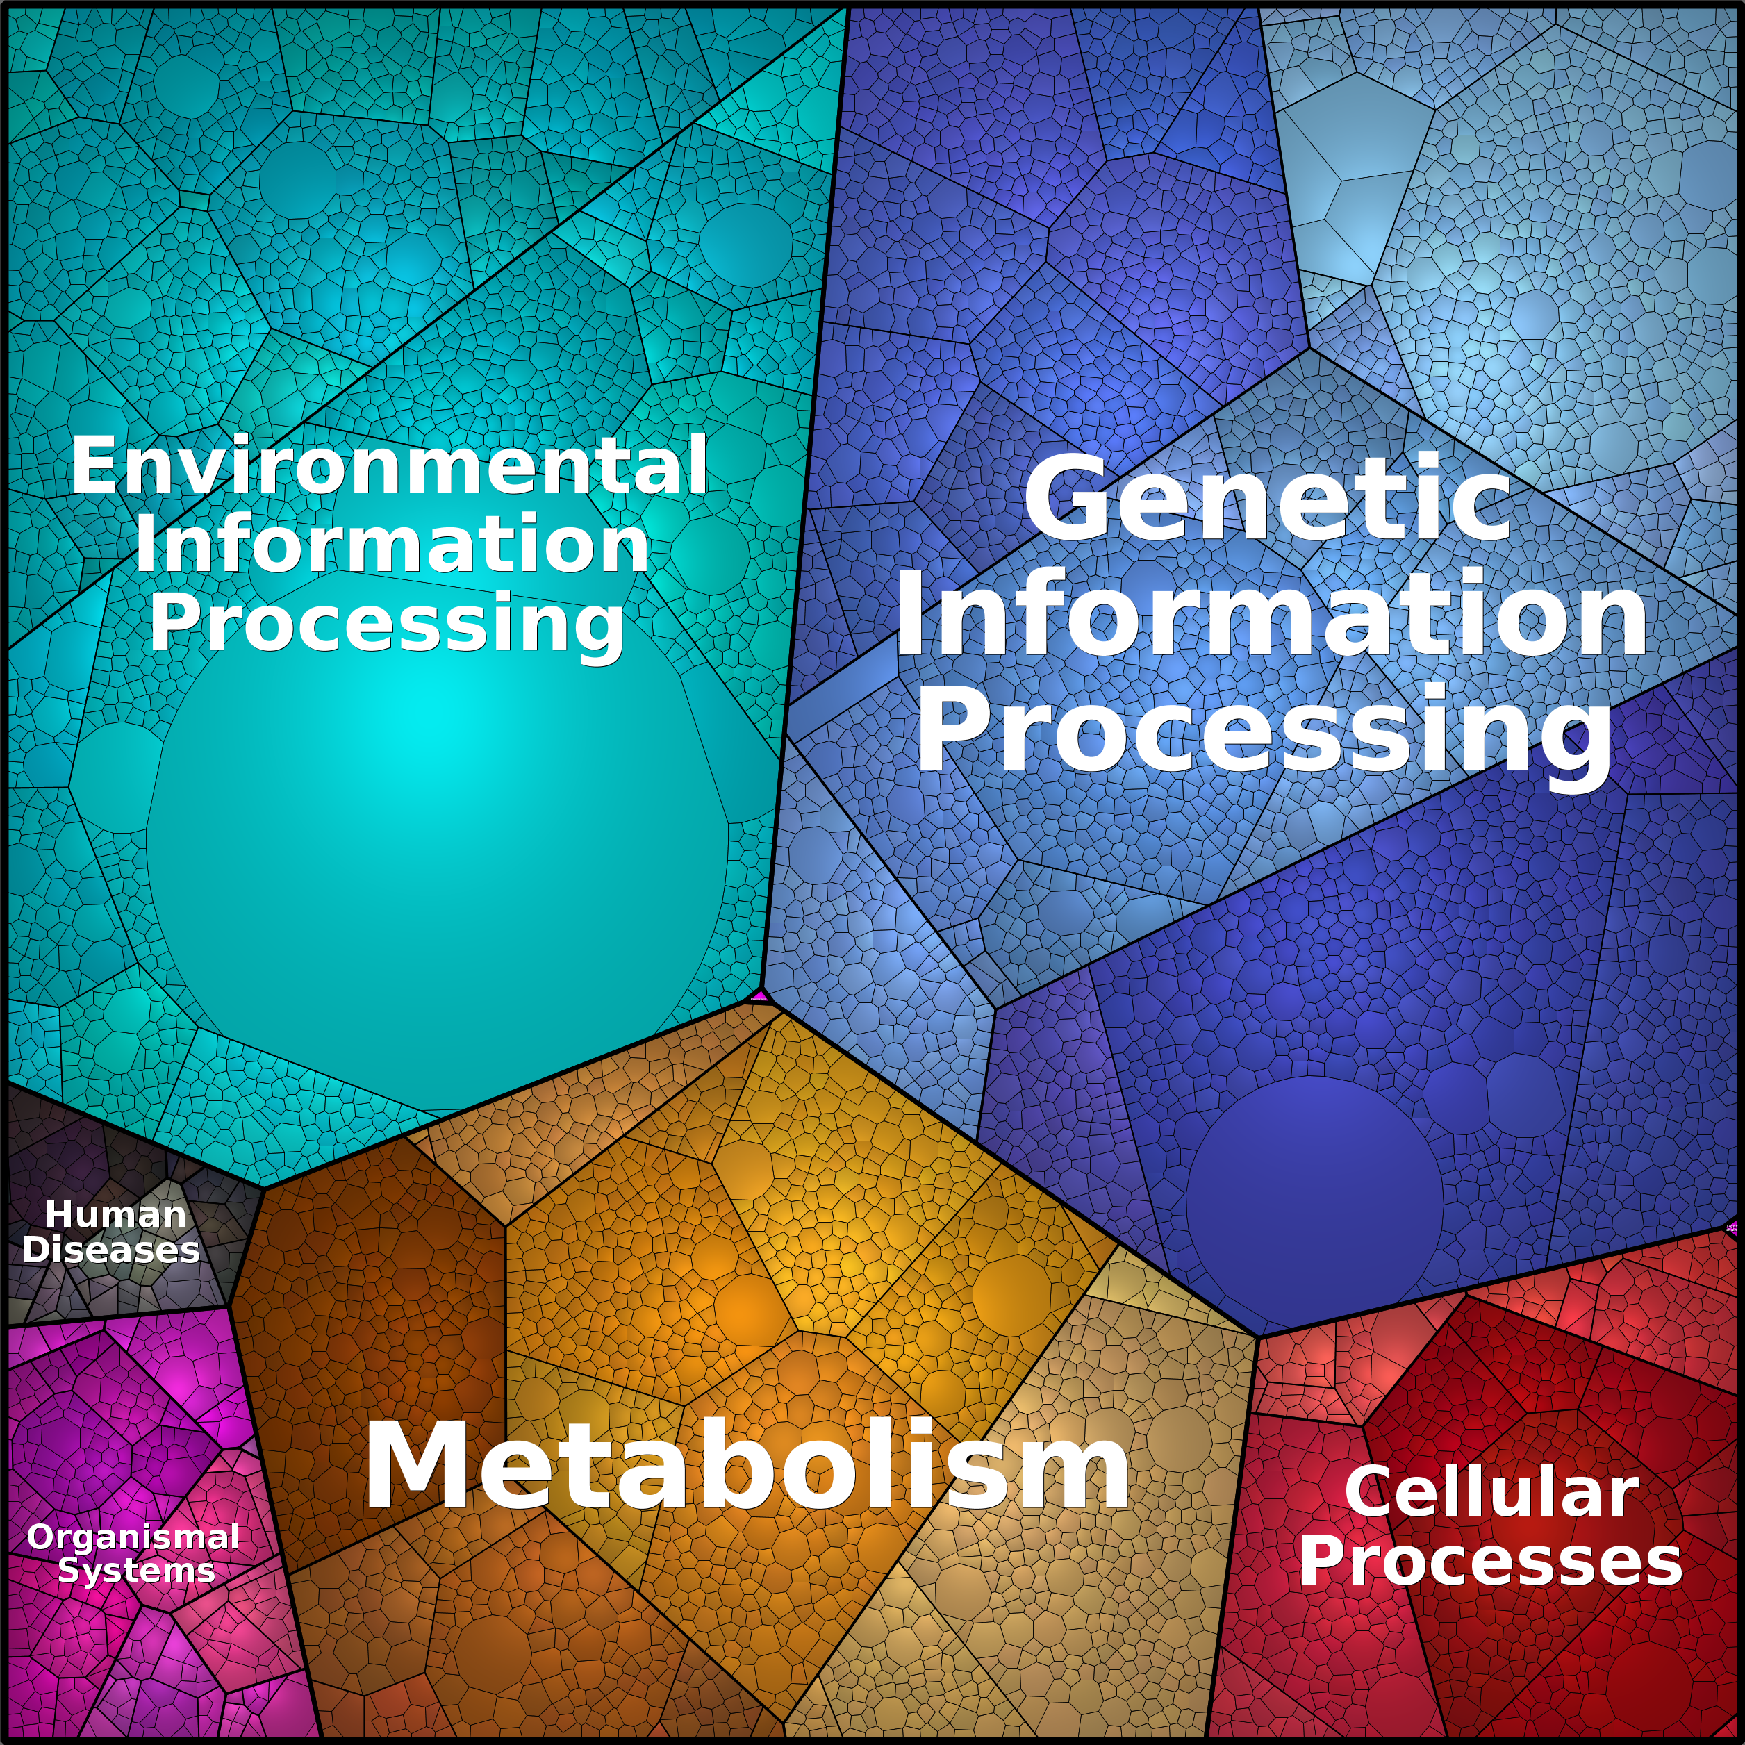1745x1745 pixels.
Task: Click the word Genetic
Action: tap(1266, 499)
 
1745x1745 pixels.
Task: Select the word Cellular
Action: tap(1491, 1492)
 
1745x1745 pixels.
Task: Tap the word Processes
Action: tap(1491, 1561)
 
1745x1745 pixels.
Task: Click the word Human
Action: tap(115, 1215)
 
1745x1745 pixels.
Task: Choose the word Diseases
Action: tap(111, 1249)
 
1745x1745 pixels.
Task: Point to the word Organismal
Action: tap(133, 1537)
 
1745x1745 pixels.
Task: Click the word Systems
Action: tap(136, 1571)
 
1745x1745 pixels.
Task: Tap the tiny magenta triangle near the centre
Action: tap(759, 995)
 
